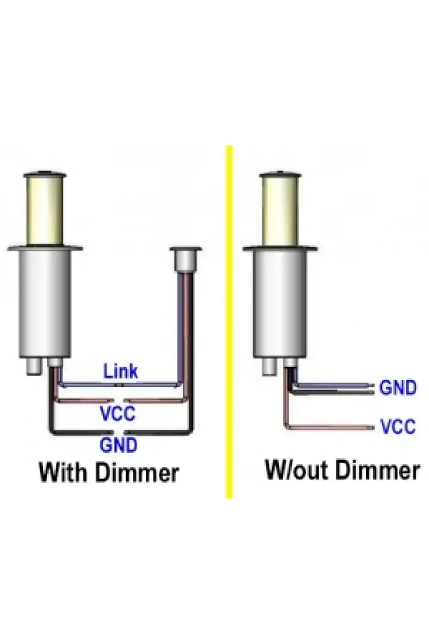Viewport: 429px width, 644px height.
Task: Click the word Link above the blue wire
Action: point(121,371)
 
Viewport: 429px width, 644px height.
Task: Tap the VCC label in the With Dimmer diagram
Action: point(117,413)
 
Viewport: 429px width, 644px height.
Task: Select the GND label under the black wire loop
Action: point(119,445)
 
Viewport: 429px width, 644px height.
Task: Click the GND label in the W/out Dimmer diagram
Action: point(398,387)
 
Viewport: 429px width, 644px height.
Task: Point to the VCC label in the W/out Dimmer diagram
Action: point(398,426)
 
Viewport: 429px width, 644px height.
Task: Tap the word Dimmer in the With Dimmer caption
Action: point(137,472)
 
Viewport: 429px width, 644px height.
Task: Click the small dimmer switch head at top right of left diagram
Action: point(186,259)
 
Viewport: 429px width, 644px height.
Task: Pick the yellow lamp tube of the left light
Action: point(45,210)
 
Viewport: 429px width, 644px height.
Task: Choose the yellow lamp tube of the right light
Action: point(280,210)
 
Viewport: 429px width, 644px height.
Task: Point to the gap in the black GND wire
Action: point(119,432)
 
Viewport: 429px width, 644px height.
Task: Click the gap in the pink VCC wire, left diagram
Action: point(119,400)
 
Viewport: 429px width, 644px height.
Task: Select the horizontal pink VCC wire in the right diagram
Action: point(330,428)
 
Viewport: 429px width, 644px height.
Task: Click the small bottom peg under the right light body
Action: point(270,367)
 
